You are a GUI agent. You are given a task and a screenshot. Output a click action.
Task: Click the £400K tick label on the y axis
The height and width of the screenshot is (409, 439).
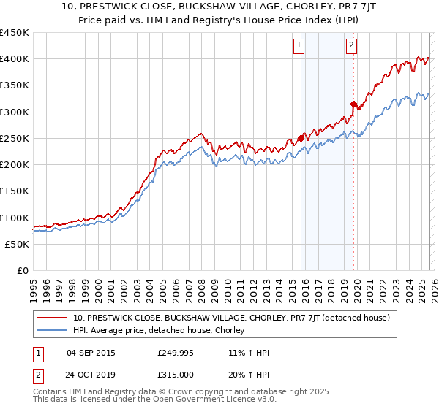[14, 59]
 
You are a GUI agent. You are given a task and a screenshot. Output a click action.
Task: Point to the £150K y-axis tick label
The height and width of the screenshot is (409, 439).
[14, 191]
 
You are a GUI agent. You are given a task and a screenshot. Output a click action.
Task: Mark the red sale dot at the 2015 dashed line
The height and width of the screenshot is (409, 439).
[301, 138]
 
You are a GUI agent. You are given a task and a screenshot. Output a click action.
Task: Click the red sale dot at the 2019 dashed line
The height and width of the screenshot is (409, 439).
[353, 104]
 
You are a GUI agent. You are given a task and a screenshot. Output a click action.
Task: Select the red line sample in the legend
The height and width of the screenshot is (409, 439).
[50, 318]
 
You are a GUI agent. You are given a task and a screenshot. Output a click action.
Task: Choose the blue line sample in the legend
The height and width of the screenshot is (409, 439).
[50, 331]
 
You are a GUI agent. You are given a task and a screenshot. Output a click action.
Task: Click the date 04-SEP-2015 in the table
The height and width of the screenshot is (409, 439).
[90, 353]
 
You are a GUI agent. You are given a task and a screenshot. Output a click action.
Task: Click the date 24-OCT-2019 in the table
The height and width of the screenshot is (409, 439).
[90, 374]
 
